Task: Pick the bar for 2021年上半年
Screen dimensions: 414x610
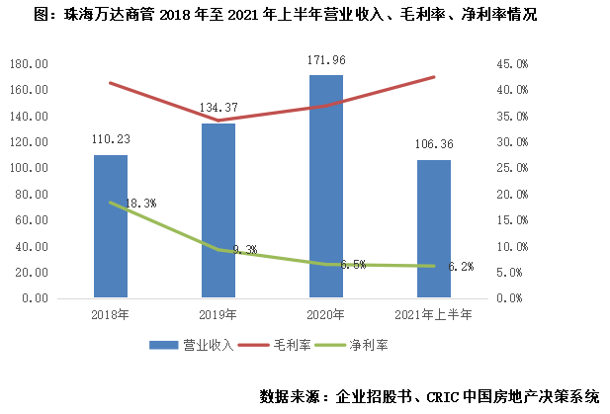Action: pyautogui.click(x=434, y=228)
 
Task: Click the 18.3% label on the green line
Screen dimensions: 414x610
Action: pyautogui.click(x=140, y=203)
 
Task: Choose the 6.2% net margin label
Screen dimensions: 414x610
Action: pyautogui.click(x=461, y=266)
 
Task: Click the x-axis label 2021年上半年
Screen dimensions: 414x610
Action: pyautogui.click(x=434, y=314)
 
